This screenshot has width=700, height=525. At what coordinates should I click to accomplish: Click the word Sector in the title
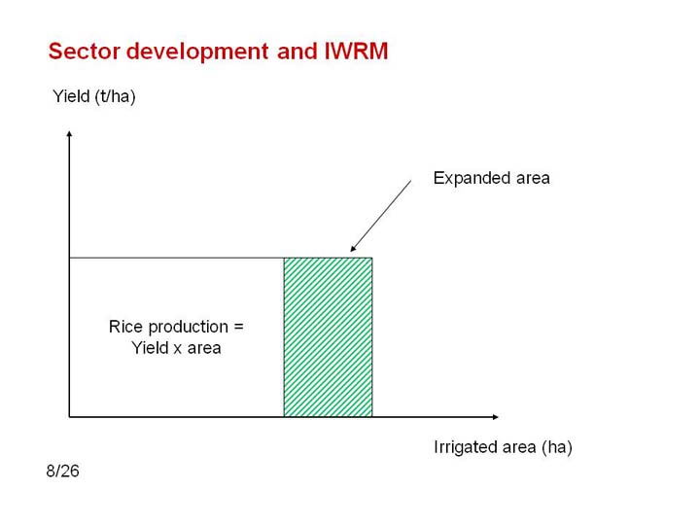click(x=85, y=51)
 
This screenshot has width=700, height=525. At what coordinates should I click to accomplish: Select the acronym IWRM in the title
click(x=356, y=51)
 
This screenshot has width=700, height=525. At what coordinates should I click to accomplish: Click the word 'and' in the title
click(x=297, y=51)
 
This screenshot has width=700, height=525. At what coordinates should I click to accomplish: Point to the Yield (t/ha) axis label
click(x=93, y=96)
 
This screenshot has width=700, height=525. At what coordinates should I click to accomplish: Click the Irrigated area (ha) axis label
click(x=503, y=447)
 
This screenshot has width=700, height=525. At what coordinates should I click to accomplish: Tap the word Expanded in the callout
click(x=472, y=179)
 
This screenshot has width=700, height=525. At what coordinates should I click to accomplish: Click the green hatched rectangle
click(x=329, y=337)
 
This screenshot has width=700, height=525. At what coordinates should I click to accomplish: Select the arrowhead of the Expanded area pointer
click(x=353, y=249)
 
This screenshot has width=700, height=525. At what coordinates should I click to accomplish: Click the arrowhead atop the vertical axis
click(x=69, y=133)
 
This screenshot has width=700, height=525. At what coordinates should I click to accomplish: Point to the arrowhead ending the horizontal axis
click(x=496, y=417)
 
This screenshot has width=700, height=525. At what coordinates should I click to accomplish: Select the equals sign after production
click(x=239, y=328)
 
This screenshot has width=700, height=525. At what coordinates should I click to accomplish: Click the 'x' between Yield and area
click(x=177, y=349)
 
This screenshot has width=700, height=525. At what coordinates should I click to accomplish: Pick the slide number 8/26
click(x=62, y=471)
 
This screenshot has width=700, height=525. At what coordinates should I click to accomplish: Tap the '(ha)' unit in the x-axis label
click(x=557, y=447)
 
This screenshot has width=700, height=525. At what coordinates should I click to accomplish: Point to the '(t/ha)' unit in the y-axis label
click(x=115, y=96)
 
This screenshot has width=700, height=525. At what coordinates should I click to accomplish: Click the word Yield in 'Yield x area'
click(x=150, y=348)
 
